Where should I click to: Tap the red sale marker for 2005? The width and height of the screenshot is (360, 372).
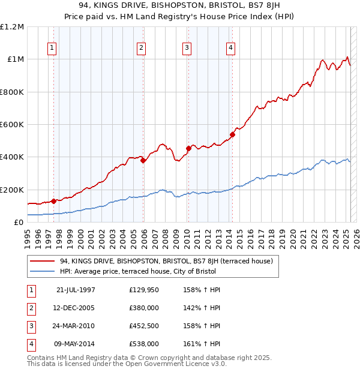143,160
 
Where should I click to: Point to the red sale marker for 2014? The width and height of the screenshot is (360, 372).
232,134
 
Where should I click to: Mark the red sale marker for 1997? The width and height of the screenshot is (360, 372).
53,201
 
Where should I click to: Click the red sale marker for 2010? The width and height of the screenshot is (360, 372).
188,148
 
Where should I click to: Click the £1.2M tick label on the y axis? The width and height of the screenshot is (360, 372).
12,27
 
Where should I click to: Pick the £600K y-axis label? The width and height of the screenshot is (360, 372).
12,125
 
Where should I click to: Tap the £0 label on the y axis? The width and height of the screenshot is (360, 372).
19,223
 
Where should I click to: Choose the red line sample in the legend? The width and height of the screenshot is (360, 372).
42,261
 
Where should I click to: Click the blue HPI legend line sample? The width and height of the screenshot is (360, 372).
42,271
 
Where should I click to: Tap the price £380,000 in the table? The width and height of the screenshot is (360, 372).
144,308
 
